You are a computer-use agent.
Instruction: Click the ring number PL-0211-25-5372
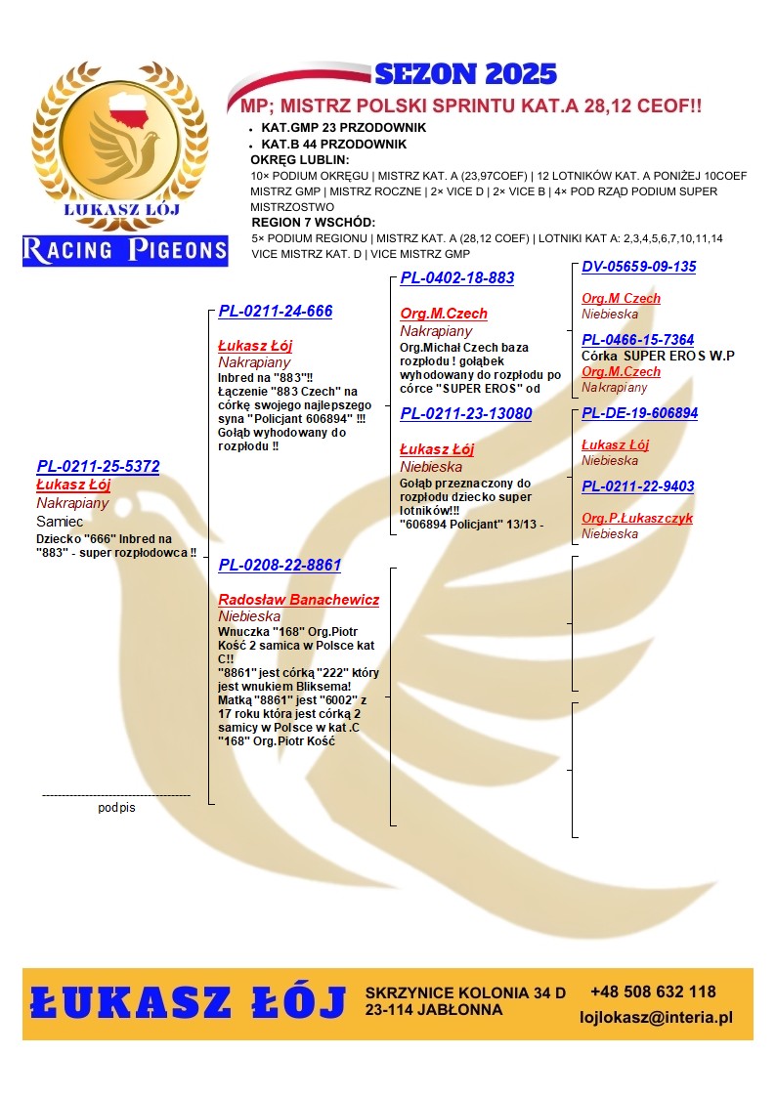[x=98, y=467]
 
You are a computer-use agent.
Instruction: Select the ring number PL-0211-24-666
[x=275, y=312]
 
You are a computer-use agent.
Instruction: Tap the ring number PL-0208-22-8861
[x=280, y=566]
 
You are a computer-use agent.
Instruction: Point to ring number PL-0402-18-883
[x=456, y=278]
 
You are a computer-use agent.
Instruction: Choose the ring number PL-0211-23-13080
[x=465, y=414]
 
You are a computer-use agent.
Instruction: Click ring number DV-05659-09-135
[x=638, y=267]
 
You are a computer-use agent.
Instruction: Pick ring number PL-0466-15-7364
[x=637, y=340]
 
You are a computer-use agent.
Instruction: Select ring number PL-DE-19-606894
[x=639, y=413]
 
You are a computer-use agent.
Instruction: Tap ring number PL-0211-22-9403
[x=637, y=486]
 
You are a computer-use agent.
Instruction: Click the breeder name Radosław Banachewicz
[x=298, y=600]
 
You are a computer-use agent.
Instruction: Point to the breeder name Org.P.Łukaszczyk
[x=636, y=518]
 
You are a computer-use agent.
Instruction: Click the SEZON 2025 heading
[x=465, y=74]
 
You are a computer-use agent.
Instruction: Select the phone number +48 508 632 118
[x=653, y=992]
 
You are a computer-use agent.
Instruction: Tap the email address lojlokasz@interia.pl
[x=656, y=1018]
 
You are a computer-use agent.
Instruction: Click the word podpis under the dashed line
[x=116, y=808]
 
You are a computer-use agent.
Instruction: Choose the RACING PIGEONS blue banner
[x=125, y=250]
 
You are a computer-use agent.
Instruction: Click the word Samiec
[x=60, y=522]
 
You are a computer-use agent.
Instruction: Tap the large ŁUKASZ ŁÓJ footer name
[x=189, y=1003]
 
